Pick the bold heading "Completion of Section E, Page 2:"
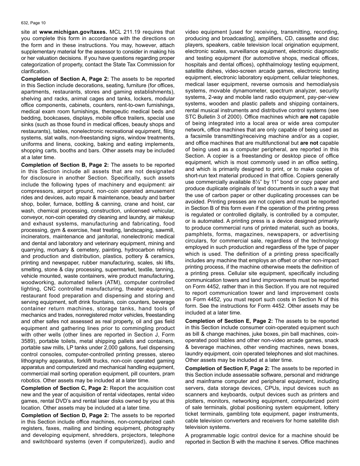click(229, 321)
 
